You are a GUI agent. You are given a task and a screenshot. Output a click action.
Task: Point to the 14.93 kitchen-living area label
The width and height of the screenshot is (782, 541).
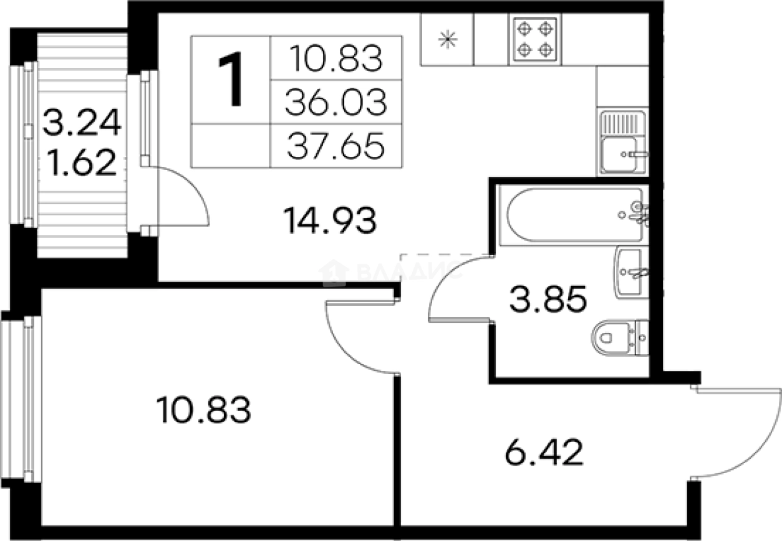coord(329,221)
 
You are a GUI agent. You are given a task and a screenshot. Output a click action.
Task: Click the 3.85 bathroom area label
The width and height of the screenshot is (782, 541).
coord(548,301)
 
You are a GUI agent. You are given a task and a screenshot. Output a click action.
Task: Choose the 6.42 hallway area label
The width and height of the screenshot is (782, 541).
coord(543,452)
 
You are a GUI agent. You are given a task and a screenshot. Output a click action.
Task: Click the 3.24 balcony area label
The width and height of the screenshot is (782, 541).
coord(82,123)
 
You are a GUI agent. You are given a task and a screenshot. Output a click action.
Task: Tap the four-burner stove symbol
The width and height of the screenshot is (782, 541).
coord(534,39)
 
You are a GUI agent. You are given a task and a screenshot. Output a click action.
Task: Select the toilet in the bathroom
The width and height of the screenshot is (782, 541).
coord(617,338)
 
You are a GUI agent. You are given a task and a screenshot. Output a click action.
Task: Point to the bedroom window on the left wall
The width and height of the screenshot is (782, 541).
coord(25,399)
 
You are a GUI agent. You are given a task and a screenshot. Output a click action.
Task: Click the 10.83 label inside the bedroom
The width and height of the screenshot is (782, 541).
coord(205,411)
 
